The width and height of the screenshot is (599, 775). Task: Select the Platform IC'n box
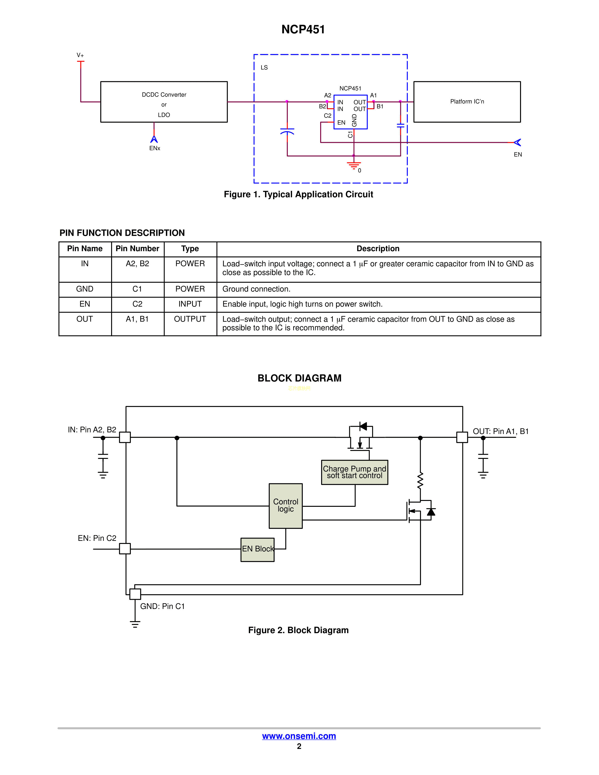[x=467, y=102]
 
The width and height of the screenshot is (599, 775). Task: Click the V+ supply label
[x=80, y=55]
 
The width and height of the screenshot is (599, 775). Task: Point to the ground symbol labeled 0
[x=354, y=165]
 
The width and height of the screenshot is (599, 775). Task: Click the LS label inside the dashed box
[x=264, y=67]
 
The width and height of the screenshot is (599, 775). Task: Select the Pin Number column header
[x=137, y=249]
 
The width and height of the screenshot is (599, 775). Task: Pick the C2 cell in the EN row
[x=137, y=304]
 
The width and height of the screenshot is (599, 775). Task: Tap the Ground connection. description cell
[x=256, y=289]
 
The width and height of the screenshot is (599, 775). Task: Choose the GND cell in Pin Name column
[x=85, y=289]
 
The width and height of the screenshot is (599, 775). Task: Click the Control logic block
[x=286, y=506]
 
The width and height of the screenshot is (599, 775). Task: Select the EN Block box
[x=258, y=549]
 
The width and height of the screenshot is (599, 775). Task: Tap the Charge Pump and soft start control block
[x=354, y=472]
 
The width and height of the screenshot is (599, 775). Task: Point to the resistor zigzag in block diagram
[x=420, y=481]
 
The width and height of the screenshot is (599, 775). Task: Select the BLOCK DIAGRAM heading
[x=299, y=378]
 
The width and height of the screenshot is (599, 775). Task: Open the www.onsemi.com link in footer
[x=299, y=736]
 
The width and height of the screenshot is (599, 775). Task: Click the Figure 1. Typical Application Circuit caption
[x=298, y=194]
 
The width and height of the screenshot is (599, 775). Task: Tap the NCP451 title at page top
[x=303, y=29]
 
